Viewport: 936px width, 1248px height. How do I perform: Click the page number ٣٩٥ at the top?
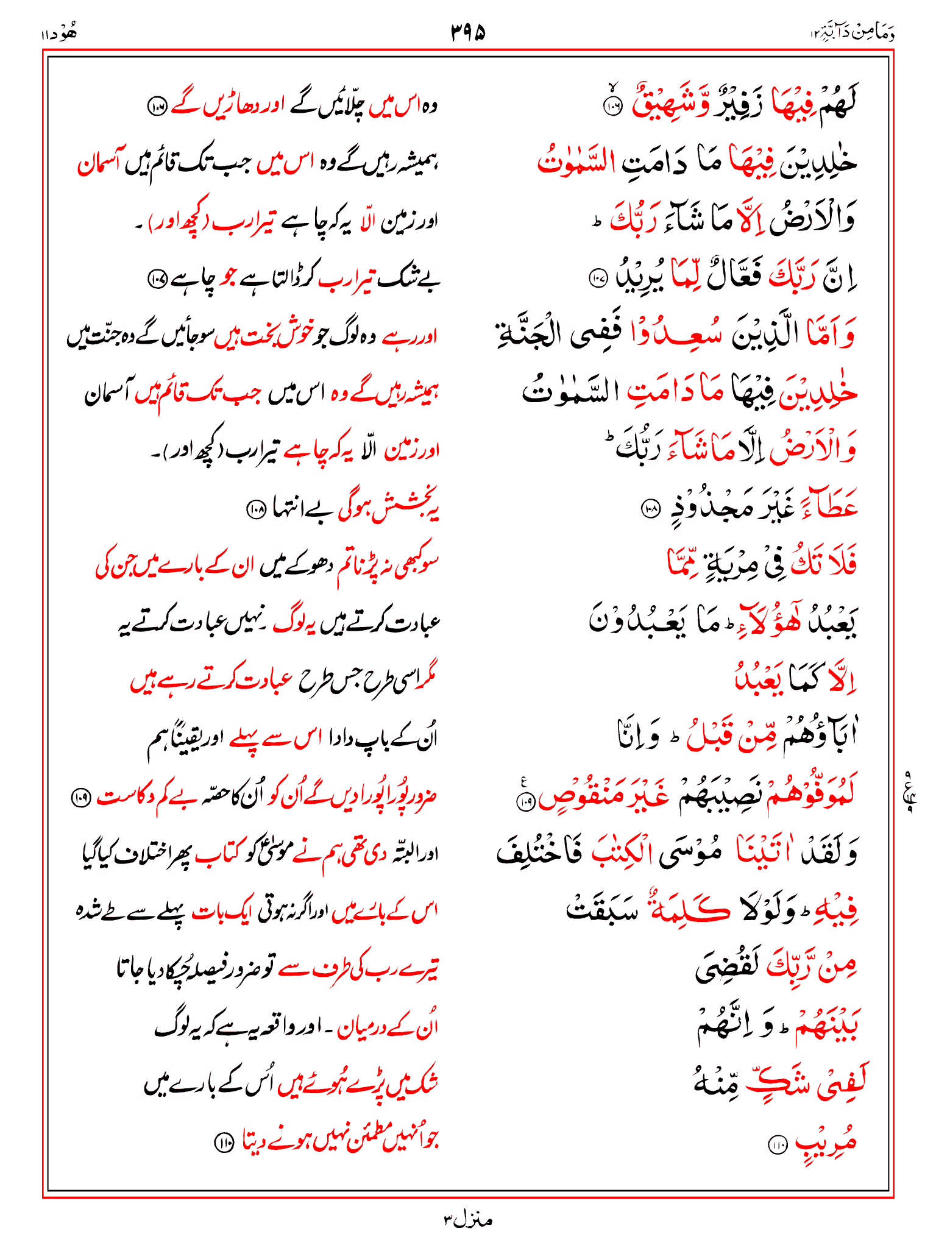tap(468, 32)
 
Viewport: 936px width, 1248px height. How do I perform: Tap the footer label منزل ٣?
tap(468, 1219)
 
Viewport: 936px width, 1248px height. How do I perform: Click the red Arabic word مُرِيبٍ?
tap(826, 1143)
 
